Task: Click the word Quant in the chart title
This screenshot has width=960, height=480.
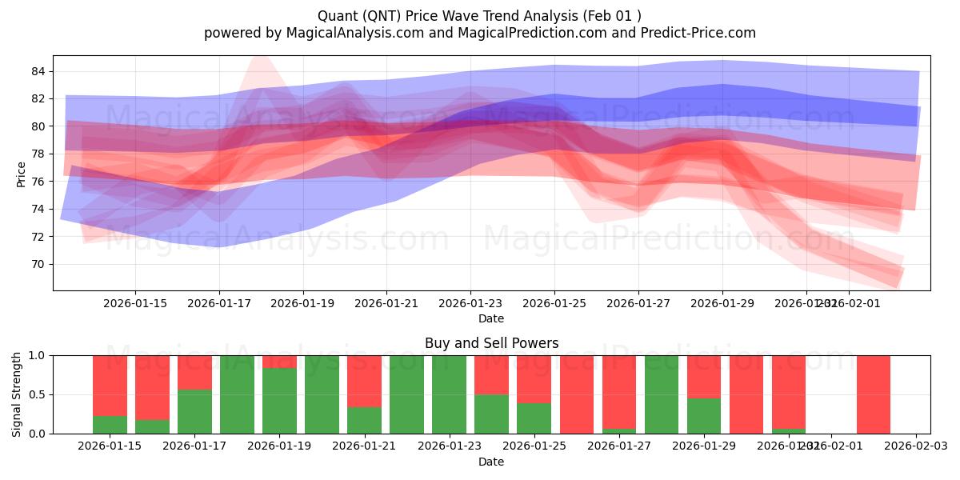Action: click(337, 16)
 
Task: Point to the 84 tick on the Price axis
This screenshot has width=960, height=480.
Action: click(38, 71)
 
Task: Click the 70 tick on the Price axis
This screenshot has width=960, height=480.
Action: click(38, 264)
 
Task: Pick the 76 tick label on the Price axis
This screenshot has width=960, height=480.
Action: click(38, 182)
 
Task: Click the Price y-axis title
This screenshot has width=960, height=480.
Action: click(21, 174)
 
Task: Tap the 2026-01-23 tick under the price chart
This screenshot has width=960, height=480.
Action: click(470, 304)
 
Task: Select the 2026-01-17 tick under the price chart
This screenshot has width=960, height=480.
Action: click(218, 304)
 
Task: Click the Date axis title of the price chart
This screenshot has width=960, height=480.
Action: click(491, 318)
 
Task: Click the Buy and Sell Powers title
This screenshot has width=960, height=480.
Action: click(491, 343)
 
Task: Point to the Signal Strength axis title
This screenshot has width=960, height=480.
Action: click(17, 394)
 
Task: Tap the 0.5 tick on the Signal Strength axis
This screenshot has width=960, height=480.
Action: click(37, 394)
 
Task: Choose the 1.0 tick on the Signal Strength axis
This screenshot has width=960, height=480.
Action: click(37, 355)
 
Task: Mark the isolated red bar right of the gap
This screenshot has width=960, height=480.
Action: click(873, 394)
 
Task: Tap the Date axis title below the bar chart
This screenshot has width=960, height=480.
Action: click(491, 462)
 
